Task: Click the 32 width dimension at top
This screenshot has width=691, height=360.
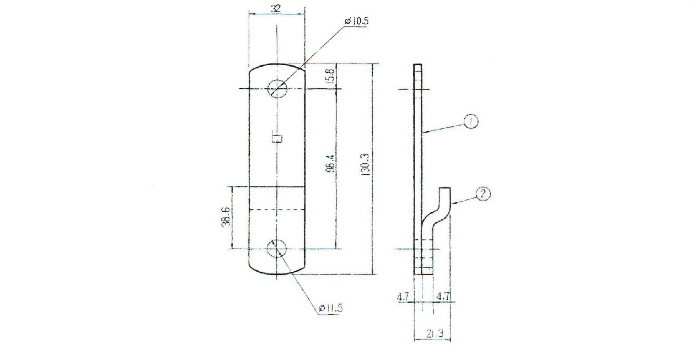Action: coord(276,8)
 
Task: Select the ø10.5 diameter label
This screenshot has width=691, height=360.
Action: coord(357,21)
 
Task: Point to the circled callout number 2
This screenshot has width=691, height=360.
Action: coord(483,194)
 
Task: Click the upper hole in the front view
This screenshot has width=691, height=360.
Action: coord(277,89)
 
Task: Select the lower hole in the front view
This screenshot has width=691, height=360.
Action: coord(277,249)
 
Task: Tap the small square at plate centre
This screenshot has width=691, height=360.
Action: coord(277,138)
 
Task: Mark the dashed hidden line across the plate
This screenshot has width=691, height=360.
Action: coord(277,210)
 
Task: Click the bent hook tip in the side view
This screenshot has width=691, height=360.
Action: coord(445,191)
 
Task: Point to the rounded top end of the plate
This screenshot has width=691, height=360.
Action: coord(277,66)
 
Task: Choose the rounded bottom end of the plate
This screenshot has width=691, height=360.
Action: coord(277,272)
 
